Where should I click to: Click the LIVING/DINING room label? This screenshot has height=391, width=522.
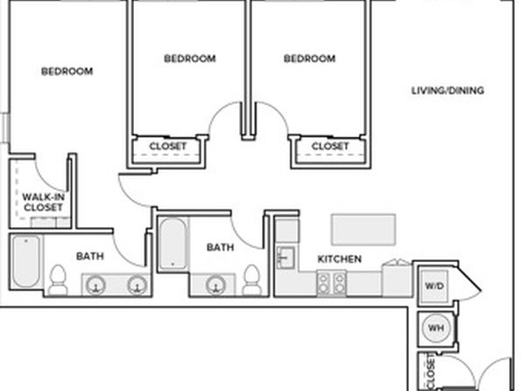click(448, 90)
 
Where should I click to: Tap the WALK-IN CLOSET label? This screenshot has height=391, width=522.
click(43, 202)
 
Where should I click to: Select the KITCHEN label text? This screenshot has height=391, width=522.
click(340, 259)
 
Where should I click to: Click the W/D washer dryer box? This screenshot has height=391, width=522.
click(434, 286)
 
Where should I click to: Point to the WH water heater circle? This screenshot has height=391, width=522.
click(436, 328)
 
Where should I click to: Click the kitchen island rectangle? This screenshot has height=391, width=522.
click(363, 230)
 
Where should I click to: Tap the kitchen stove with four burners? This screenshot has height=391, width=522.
click(331, 283)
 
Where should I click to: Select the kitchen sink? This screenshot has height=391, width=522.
click(286, 258)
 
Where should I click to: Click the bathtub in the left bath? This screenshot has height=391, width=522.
click(26, 261)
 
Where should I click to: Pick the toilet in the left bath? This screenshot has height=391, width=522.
click(58, 280)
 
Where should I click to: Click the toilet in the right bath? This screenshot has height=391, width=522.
click(251, 280)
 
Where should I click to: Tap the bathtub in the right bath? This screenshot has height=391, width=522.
click(173, 244)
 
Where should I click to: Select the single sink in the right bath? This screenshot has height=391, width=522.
click(216, 286)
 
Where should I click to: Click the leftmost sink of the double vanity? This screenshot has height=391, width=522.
click(96, 286)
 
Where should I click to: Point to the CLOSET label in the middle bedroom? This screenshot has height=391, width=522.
click(168, 146)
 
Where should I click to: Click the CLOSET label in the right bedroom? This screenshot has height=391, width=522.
click(330, 146)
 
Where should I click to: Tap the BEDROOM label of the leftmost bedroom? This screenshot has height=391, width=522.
click(67, 71)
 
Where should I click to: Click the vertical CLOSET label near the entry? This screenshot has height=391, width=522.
click(430, 372)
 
